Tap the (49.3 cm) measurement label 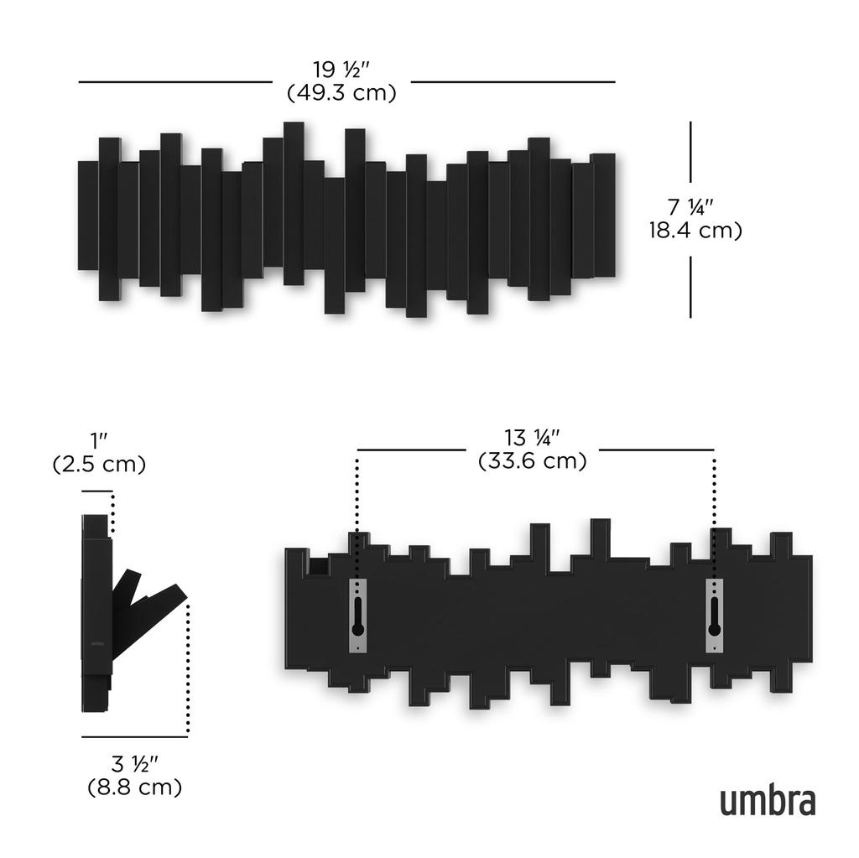click(x=341, y=93)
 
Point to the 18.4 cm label click(x=695, y=230)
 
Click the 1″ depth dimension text click(x=99, y=439)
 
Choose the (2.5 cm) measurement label click(x=99, y=464)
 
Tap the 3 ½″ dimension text click(x=135, y=763)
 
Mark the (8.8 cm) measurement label click(x=135, y=788)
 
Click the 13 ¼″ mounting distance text click(x=532, y=437)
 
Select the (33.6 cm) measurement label click(x=532, y=460)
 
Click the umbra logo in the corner click(x=767, y=801)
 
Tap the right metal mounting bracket click(x=714, y=615)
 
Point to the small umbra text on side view click(x=96, y=650)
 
